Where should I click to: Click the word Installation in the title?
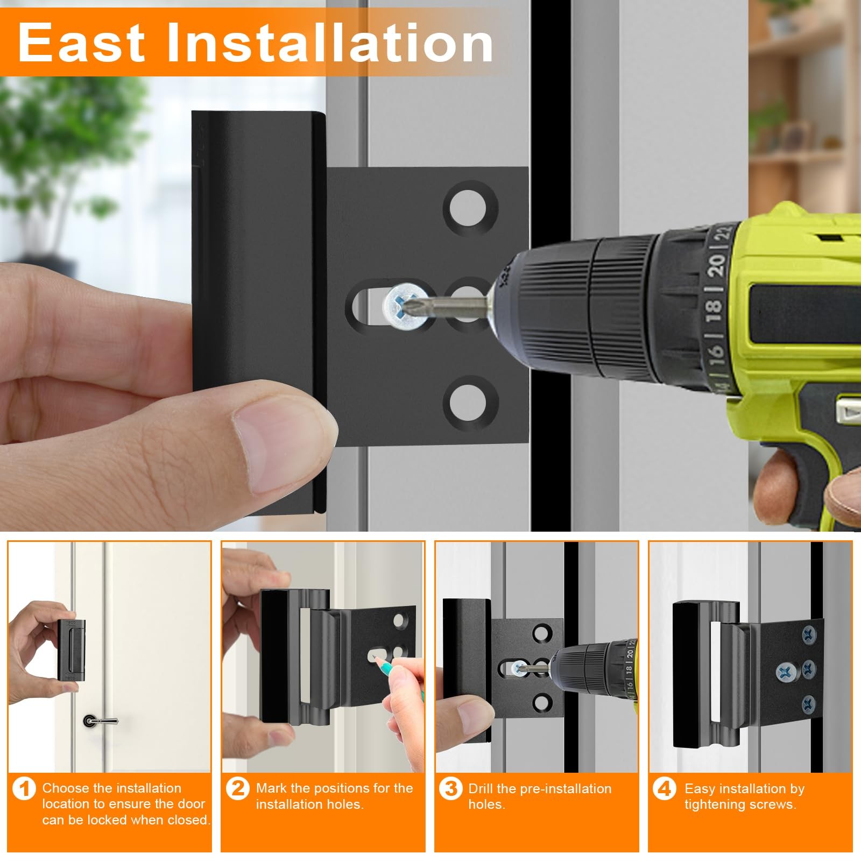330,43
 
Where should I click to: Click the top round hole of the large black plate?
470,208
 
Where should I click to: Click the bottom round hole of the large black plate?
470,403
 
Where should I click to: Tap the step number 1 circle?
24,789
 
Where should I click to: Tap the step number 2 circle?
238,789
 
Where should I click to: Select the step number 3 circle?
451,789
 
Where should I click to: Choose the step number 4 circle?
665,789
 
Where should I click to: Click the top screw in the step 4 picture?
809,634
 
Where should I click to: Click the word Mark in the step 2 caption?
272,788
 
